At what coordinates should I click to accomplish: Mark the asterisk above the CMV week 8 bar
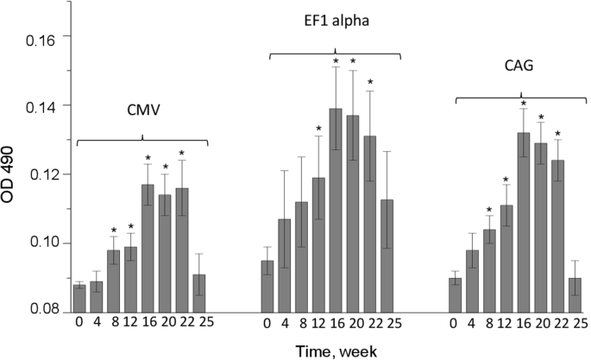click(113, 230)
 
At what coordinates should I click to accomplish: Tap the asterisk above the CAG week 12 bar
click(506, 180)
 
